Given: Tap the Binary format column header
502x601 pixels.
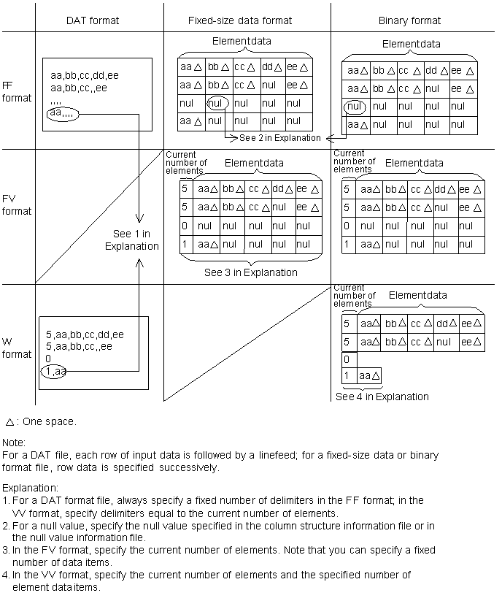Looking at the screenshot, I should click(x=409, y=20).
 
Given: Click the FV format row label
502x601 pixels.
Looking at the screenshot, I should click(x=17, y=204).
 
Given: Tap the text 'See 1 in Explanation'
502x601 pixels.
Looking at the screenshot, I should click(x=131, y=240).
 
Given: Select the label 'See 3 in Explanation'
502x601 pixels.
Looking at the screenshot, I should click(x=250, y=272).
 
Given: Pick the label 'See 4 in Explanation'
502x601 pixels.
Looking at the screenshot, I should click(x=382, y=397).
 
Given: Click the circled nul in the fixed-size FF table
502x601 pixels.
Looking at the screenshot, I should click(x=217, y=104).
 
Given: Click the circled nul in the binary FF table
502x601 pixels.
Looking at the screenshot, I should click(x=354, y=107).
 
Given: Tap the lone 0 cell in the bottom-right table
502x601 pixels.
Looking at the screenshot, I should click(x=347, y=359).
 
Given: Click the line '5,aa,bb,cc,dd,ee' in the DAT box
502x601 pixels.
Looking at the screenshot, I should click(x=85, y=334).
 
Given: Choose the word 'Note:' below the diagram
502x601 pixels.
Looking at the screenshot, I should click(x=14, y=443).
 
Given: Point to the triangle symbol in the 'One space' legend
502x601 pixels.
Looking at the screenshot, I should click(x=9, y=422).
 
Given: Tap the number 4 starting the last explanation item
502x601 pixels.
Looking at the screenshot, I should click(x=6, y=575).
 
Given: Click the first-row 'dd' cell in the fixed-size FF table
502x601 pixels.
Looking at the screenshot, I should click(x=271, y=67).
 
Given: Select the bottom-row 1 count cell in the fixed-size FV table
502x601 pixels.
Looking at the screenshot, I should click(x=186, y=245).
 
